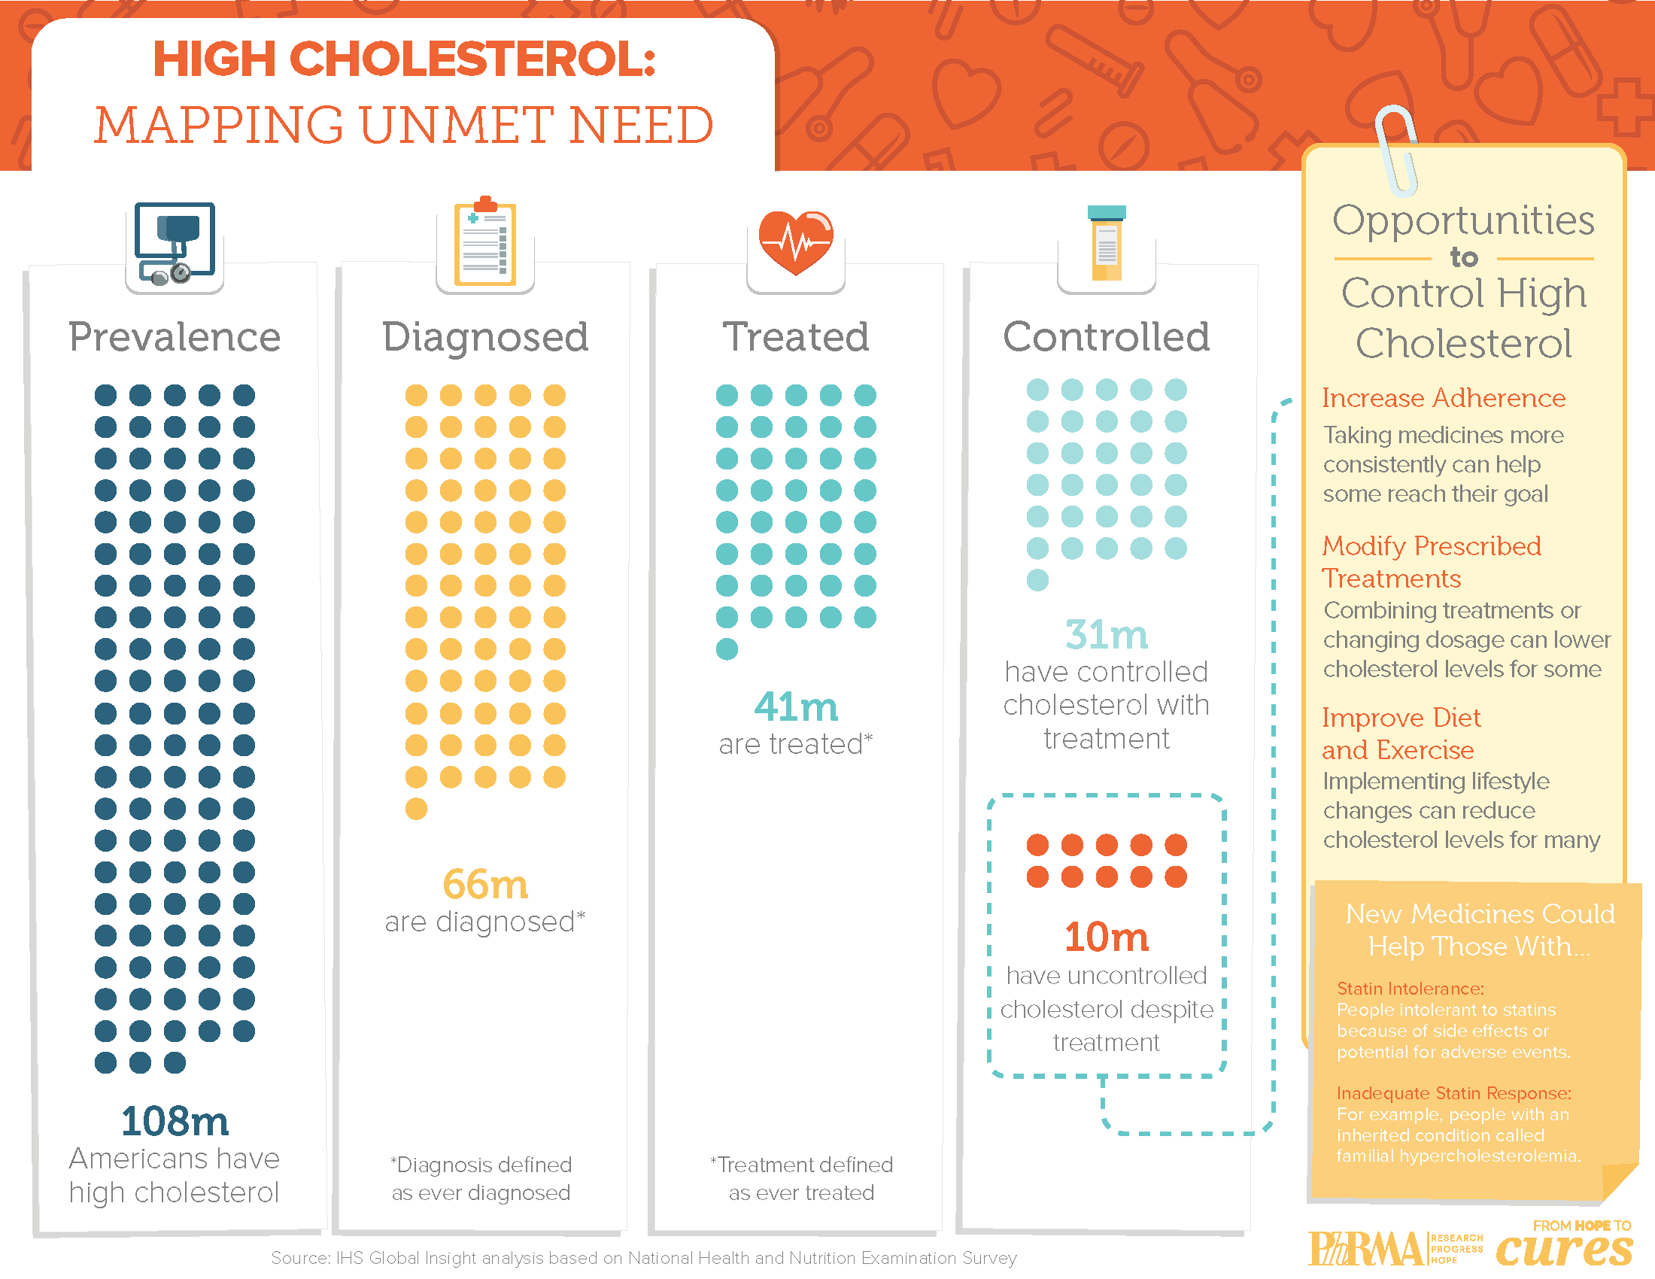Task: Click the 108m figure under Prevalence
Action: pyautogui.click(x=175, y=1122)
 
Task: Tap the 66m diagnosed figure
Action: pyautogui.click(x=485, y=884)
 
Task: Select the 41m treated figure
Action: pyautogui.click(x=796, y=707)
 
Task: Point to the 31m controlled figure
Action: pyautogui.click(x=1107, y=635)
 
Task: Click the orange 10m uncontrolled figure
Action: pyautogui.click(x=1107, y=937)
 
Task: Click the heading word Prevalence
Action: pyautogui.click(x=175, y=337)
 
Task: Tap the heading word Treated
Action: pyautogui.click(x=796, y=337)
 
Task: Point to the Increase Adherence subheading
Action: pyautogui.click(x=1444, y=398)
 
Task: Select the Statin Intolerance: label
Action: pyautogui.click(x=1411, y=989)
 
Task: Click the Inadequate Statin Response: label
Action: pyautogui.click(x=1453, y=1093)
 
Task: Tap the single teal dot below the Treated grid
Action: pyautogui.click(x=727, y=649)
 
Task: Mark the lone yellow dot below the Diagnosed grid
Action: pyautogui.click(x=416, y=810)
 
